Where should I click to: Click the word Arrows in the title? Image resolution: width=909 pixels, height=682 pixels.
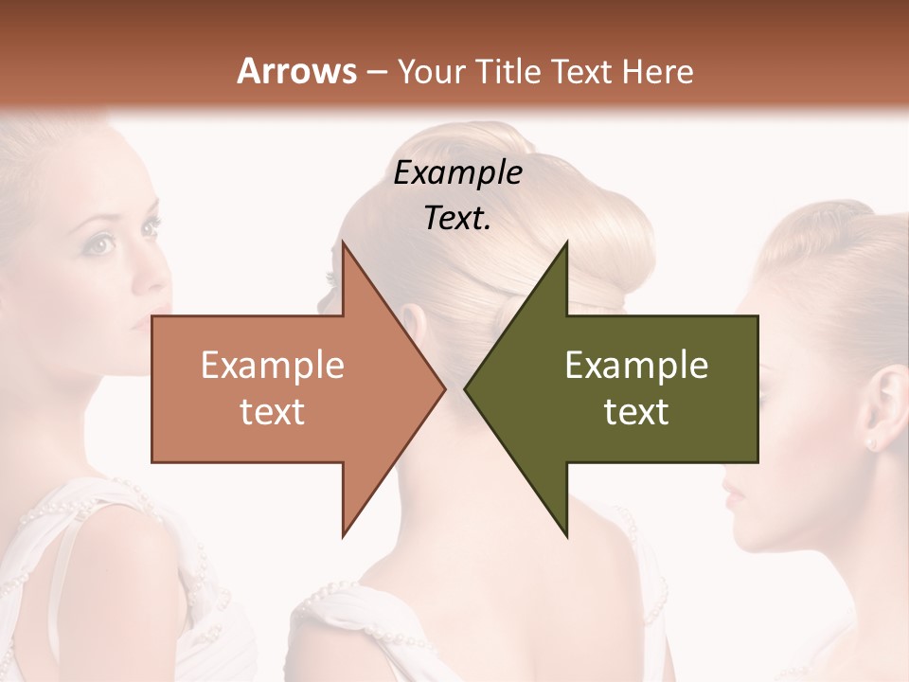click(295, 71)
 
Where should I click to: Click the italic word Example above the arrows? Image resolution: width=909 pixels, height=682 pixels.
click(457, 173)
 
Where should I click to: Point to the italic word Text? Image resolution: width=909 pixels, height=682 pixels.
click(457, 218)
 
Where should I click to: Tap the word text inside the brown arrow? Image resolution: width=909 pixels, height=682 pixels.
click(272, 412)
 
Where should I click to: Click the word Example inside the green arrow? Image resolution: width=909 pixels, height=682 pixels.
click(636, 366)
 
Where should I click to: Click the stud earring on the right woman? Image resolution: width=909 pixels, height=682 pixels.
click(870, 441)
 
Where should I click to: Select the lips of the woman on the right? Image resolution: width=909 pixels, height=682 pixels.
click(731, 493)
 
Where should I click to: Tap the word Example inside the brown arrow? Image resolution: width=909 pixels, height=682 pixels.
click(272, 366)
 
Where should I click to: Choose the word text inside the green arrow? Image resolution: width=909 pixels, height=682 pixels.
click(636, 412)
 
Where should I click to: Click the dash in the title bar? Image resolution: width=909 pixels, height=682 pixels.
click(376, 71)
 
